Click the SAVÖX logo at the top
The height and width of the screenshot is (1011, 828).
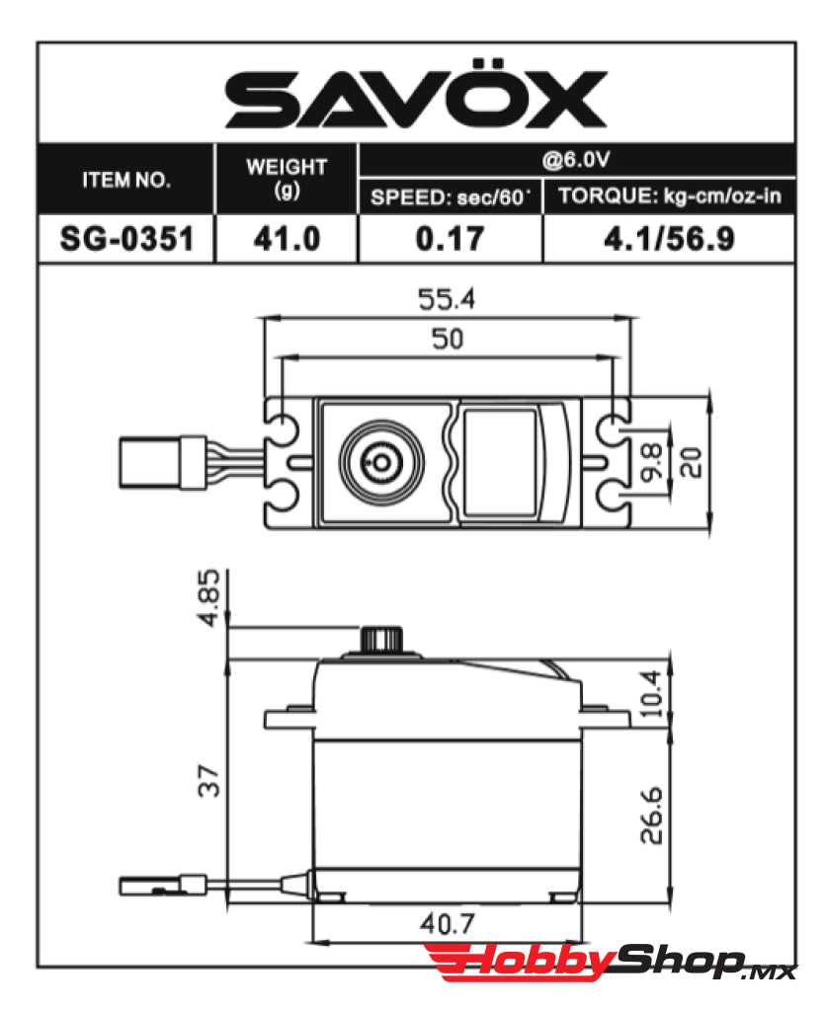(415, 99)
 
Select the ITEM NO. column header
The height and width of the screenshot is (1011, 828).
(125, 181)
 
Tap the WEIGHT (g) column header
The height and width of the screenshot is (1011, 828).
(287, 178)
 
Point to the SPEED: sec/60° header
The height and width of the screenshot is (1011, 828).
(450, 196)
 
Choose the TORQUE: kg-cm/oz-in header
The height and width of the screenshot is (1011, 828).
(669, 195)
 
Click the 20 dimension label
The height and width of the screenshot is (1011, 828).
(693, 462)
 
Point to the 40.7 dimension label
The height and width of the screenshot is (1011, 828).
(446, 924)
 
